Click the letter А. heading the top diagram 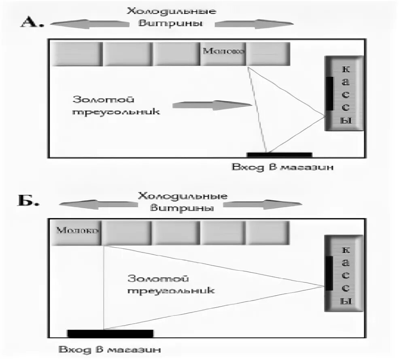(31, 22)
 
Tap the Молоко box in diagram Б (76, 232)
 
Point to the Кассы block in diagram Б (344, 273)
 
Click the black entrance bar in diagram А (279, 155)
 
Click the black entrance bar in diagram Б (110, 333)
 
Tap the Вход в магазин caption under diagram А (283, 167)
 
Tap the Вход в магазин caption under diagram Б (109, 349)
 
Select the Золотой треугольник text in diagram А (115, 106)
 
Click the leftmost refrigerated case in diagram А (77, 53)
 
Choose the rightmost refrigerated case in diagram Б (267, 233)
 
